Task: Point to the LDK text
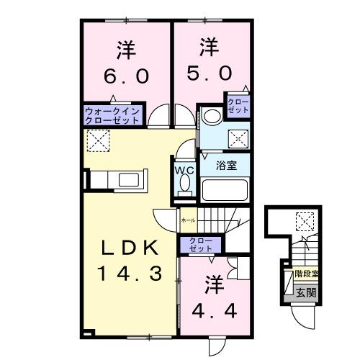coord(127,248)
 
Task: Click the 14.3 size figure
coord(127,274)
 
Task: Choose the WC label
coord(184,170)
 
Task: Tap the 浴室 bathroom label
coord(227,165)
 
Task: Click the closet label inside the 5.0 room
coord(239,105)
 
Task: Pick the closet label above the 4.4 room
coord(196,243)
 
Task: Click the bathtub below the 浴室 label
coord(225,191)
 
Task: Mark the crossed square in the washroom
coord(237,138)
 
